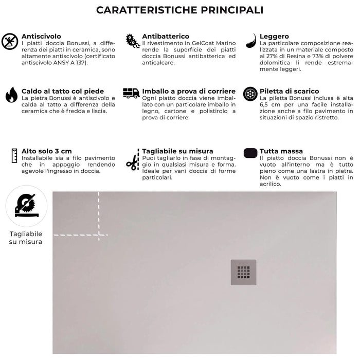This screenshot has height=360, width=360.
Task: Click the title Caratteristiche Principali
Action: click(180, 10)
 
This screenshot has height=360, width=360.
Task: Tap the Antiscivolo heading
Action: click(41, 37)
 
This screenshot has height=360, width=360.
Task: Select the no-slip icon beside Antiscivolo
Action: click(10, 41)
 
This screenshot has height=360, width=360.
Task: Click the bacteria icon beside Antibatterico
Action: click(132, 41)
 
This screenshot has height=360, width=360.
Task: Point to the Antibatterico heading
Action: click(166, 37)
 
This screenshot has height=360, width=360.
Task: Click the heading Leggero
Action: click(274, 37)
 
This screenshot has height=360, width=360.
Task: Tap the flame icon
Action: click(11, 95)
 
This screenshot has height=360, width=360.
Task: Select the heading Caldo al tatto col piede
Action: click(63, 91)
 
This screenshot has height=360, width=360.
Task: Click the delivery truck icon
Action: click(131, 93)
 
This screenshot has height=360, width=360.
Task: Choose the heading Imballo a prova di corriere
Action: click(189, 91)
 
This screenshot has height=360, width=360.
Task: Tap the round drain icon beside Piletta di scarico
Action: click(250, 94)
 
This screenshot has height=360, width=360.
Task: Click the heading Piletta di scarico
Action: click(289, 91)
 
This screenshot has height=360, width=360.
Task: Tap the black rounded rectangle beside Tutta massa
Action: click(250, 153)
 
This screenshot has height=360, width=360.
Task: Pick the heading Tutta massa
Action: click(281, 151)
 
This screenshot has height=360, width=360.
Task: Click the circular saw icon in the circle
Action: click(26, 206)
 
